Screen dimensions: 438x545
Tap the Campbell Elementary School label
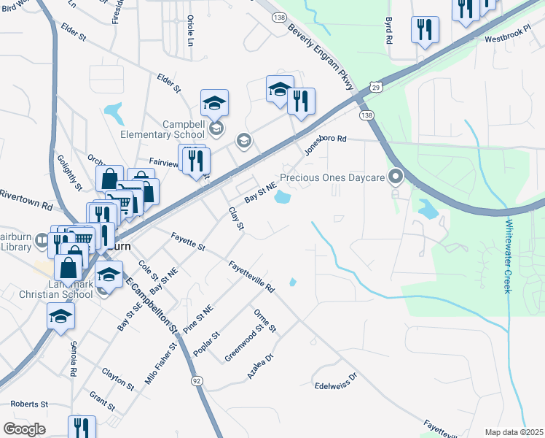pyautogui.click(x=163, y=129)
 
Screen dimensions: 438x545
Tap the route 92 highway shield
pyautogui.click(x=197, y=380)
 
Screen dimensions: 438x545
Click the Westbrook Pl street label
pyautogui.click(x=505, y=39)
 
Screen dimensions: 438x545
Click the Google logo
pyautogui.click(x=25, y=429)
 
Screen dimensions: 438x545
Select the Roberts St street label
pyautogui.click(x=29, y=404)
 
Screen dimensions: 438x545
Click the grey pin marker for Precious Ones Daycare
pyautogui.click(x=396, y=176)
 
